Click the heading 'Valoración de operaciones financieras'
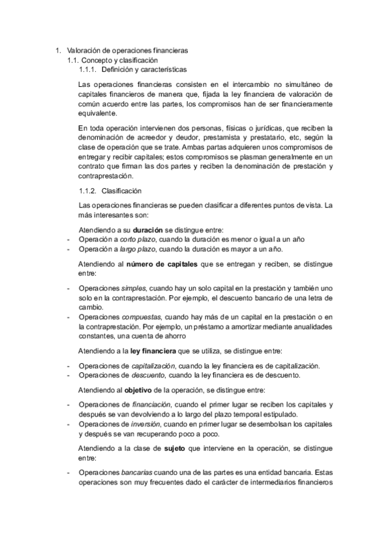pos(128,50)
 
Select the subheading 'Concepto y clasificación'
pos(117,60)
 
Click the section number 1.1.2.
pos(87,191)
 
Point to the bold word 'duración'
pos(148,230)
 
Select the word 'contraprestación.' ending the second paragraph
pos(105,176)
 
